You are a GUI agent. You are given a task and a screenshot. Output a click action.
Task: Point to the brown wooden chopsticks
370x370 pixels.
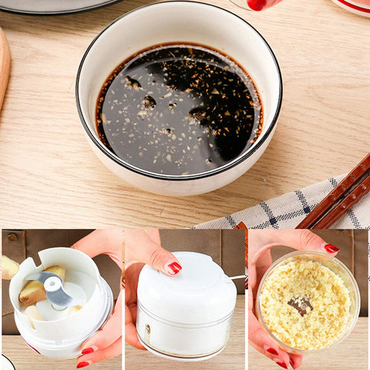click(x=339, y=197)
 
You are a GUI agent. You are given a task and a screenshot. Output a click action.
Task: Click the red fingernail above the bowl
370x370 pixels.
click(x=257, y=4)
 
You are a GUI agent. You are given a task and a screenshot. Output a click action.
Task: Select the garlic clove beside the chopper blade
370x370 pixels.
click(x=32, y=292)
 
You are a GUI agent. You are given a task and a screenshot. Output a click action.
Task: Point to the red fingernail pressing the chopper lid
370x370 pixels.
click(x=174, y=267)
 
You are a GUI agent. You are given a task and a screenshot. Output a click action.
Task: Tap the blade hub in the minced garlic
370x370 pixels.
click(x=300, y=305)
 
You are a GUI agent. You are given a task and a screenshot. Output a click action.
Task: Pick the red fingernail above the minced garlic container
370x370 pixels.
click(x=331, y=248)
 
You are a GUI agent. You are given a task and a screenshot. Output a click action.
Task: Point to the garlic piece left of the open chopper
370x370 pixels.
click(x=8, y=267)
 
